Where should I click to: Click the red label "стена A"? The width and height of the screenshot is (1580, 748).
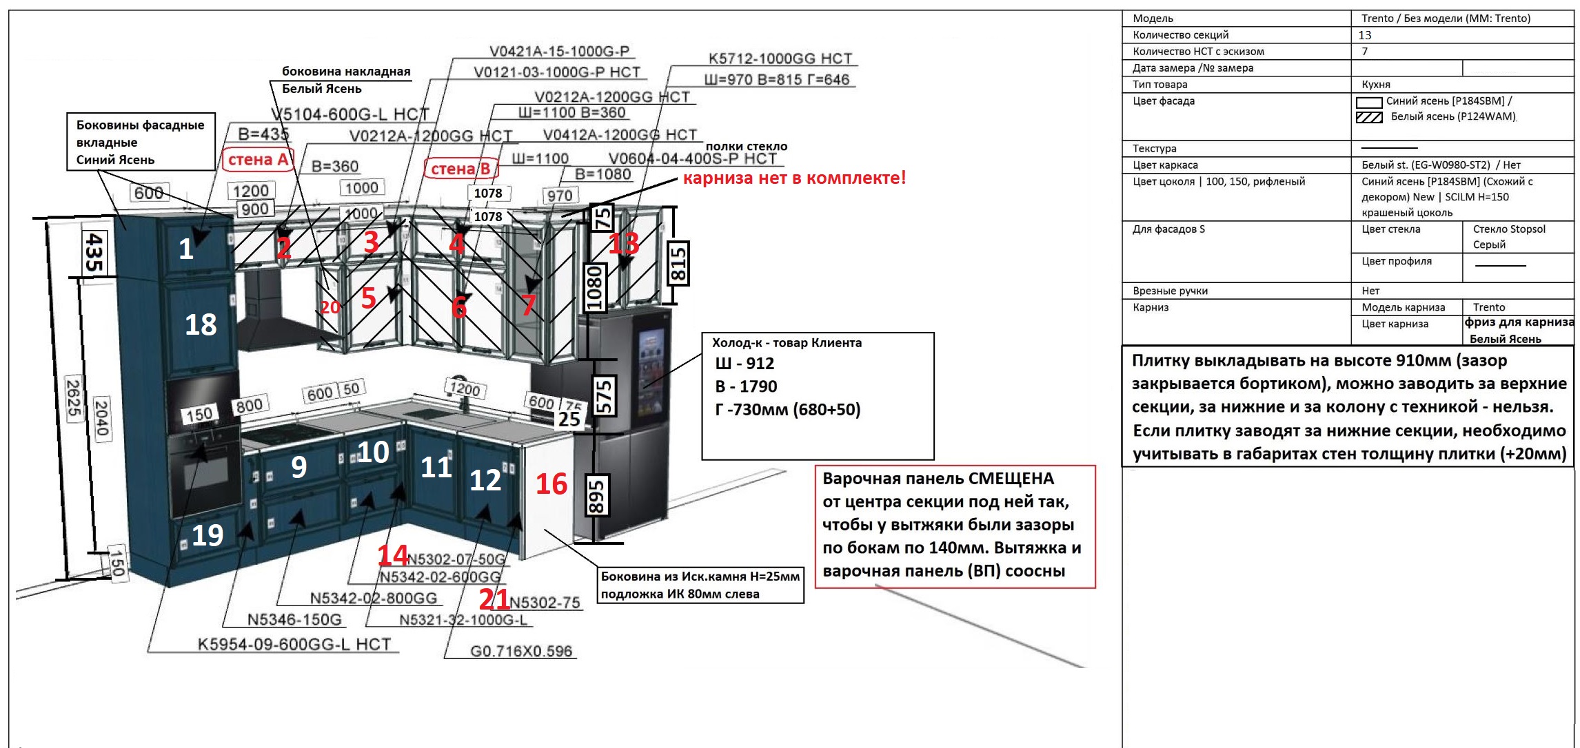[258, 160]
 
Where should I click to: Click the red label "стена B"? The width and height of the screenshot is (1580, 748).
[460, 169]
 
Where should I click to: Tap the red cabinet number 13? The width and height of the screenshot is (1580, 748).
[624, 243]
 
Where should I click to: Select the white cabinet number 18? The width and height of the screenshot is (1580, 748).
[201, 324]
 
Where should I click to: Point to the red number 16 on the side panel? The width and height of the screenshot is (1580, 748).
[551, 484]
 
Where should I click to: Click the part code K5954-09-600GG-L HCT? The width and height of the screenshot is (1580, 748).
[294, 644]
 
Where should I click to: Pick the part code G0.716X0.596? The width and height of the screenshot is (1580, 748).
[521, 651]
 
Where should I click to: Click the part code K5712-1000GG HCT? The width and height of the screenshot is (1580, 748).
[780, 59]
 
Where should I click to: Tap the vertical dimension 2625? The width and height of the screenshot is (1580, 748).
[73, 397]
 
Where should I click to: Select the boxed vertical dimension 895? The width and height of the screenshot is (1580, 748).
[596, 494]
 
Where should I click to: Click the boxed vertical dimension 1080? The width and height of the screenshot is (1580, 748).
[594, 288]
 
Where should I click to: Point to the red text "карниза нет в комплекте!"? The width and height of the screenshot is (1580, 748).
[794, 178]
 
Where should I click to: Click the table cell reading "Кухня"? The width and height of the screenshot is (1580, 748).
[1376, 85]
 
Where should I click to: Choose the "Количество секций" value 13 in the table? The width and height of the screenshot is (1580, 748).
[1365, 35]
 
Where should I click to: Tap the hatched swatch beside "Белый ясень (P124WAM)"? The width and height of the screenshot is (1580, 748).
[1368, 117]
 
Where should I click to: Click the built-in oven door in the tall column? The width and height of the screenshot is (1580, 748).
[203, 475]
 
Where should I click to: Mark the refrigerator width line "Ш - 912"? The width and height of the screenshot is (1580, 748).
[745, 364]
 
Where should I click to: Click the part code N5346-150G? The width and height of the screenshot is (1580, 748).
[294, 619]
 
